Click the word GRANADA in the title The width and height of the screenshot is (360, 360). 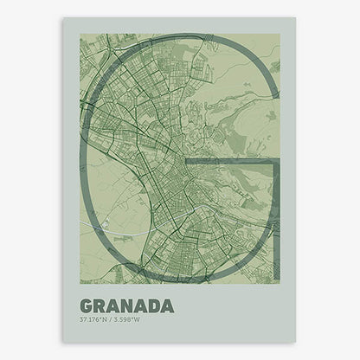126,305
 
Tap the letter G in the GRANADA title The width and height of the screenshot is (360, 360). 87,305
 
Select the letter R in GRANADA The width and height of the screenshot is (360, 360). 100,305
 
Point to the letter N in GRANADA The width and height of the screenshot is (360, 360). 126,305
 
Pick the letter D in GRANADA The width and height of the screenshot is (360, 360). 153,305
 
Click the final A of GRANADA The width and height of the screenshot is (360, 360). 167,305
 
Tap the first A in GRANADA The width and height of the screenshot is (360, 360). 113,305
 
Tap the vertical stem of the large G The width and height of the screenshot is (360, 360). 275,216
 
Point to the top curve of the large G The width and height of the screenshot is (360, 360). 177,39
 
